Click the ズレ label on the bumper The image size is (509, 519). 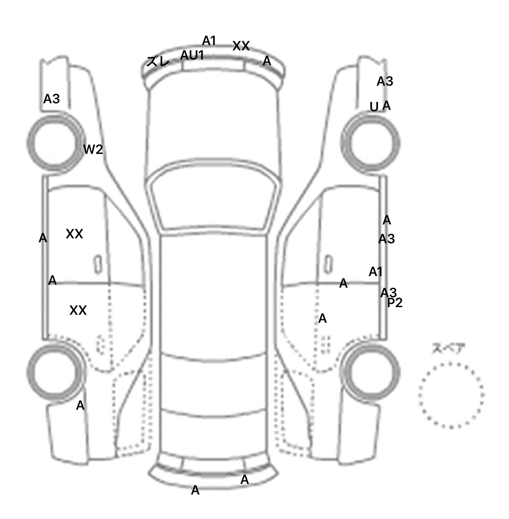coord(158,62)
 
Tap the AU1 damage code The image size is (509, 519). coord(192,55)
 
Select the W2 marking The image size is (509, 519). coord(93,150)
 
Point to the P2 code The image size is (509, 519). coord(395,303)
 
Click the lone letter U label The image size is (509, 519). coord(374,107)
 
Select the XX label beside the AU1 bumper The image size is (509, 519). coord(241,46)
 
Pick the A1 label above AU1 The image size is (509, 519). coord(209,41)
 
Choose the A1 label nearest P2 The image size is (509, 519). coord(376,272)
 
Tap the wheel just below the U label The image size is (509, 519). coord(370,143)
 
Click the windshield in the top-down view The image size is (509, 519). coord(214,196)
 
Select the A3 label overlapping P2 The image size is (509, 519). coord(388,293)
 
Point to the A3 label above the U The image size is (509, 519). coord(385,81)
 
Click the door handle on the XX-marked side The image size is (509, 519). coord(98,264)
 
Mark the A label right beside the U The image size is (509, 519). coord(386,106)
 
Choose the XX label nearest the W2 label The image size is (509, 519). coord(74,234)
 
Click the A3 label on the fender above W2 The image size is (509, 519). coord(52,99)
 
